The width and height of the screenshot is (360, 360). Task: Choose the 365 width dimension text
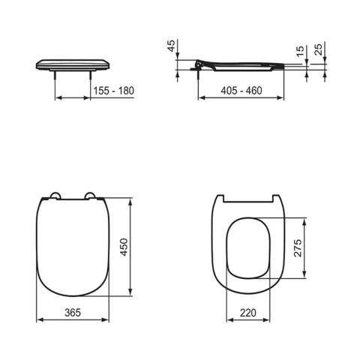click(x=73, y=311)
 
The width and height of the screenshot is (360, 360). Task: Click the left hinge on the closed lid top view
click(x=53, y=197)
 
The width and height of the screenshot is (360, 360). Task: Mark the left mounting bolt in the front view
click(x=56, y=75)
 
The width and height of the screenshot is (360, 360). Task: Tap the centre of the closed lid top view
click(x=73, y=247)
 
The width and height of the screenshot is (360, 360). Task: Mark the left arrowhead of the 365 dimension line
click(x=39, y=320)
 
